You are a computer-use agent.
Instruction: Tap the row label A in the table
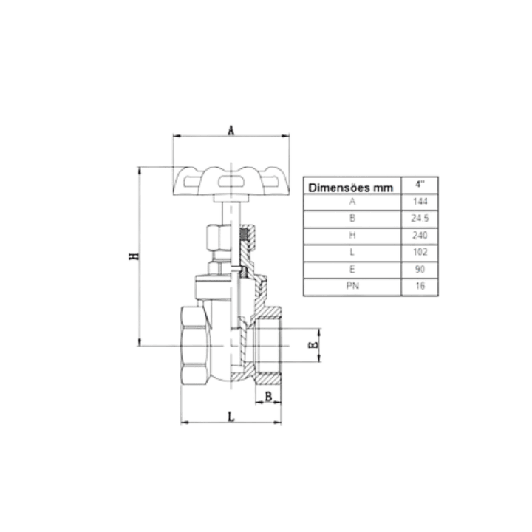point(352,202)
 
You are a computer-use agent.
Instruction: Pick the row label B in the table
point(352,219)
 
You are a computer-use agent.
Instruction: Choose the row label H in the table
point(352,236)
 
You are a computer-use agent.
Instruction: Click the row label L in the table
point(352,253)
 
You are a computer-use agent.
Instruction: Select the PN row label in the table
point(352,287)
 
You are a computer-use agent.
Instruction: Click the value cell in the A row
point(421,202)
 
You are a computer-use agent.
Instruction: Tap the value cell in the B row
point(421,219)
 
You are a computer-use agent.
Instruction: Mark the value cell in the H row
point(421,236)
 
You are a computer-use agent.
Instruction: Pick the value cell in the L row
point(421,253)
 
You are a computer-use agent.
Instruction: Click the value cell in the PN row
point(421,287)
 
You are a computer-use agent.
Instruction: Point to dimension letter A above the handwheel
point(231,130)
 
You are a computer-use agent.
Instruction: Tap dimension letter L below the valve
point(231,417)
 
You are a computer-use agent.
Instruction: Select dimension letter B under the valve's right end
point(269,398)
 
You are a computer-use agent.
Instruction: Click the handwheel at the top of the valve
point(231,180)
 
